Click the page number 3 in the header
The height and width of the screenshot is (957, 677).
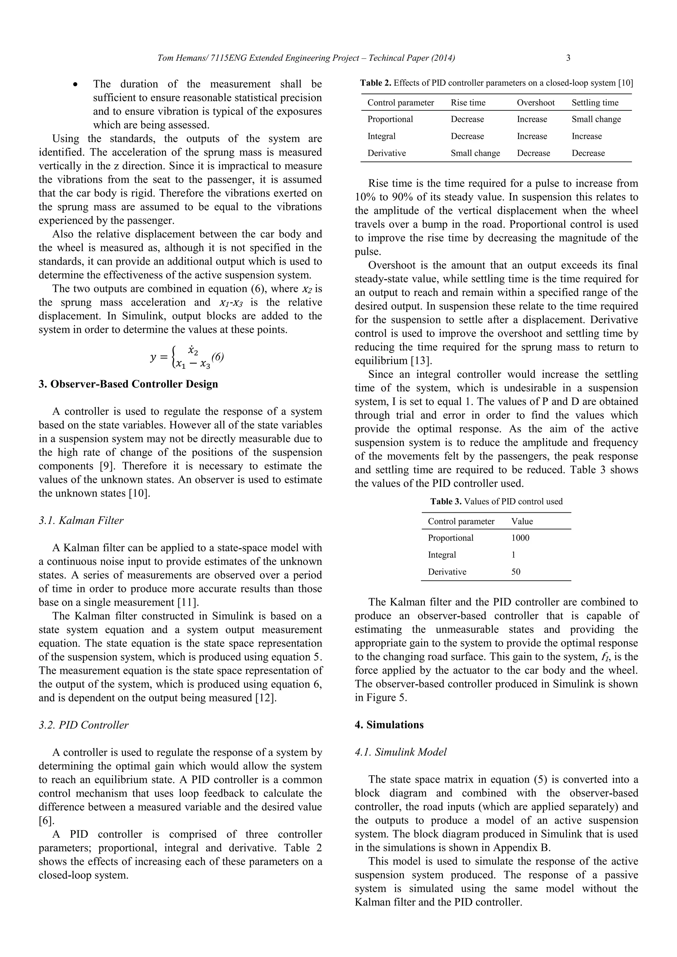coord(568,58)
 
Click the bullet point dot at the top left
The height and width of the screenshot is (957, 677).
coord(75,85)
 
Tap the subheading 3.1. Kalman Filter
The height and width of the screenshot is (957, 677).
coord(81,520)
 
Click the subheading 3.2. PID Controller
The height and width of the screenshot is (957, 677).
coord(83,725)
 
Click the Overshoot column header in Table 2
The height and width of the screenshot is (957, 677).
coord(536,102)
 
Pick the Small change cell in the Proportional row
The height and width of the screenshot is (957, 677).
coord(596,119)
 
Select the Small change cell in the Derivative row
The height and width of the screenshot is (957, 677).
coord(475,153)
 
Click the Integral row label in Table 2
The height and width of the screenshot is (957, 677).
coord(381,136)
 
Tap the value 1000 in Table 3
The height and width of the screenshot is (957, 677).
coord(520,538)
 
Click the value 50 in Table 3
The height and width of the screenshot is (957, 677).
coord(516,571)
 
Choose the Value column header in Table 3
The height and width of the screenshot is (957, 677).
coord(522,521)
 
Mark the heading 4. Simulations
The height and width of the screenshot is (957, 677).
coord(389,725)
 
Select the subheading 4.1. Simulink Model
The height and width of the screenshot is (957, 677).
coord(400,752)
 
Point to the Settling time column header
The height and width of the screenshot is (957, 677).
coord(595,102)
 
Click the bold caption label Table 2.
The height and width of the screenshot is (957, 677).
coord(376,83)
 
